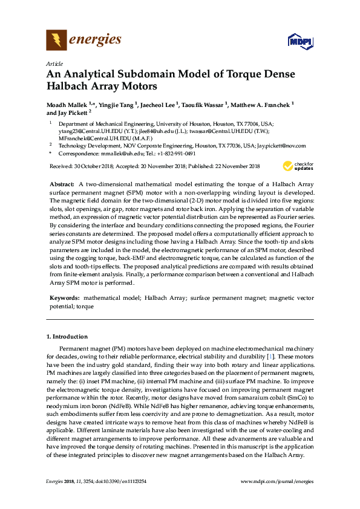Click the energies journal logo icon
[x=56, y=41]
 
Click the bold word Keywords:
[x=64, y=299]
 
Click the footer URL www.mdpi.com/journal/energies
[x=277, y=481]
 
